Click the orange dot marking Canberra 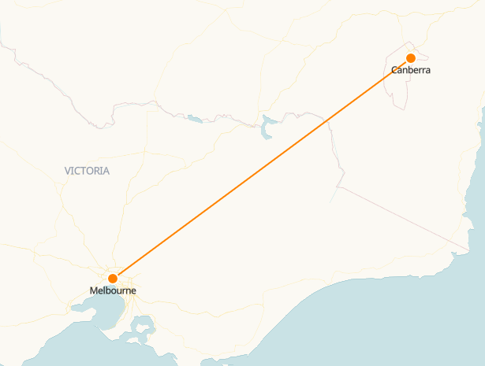point(411,57)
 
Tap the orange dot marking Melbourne point(113,278)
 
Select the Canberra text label point(411,71)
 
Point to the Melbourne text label point(113,291)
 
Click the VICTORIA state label point(88,171)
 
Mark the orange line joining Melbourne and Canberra point(260,168)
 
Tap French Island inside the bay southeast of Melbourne point(143,324)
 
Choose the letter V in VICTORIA point(68,171)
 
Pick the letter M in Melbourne point(94,291)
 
